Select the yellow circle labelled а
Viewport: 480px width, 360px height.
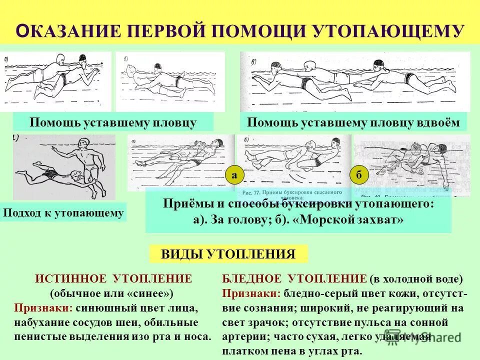pyautogui.click(x=234, y=175)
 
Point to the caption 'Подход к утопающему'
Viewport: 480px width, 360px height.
pyautogui.click(x=63, y=213)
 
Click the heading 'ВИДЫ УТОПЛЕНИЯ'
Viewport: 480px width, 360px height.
pyautogui.click(x=228, y=254)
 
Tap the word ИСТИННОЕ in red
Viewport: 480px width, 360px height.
pyautogui.click(x=70, y=279)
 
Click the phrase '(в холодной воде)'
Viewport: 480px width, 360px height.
pyautogui.click(x=416, y=279)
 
